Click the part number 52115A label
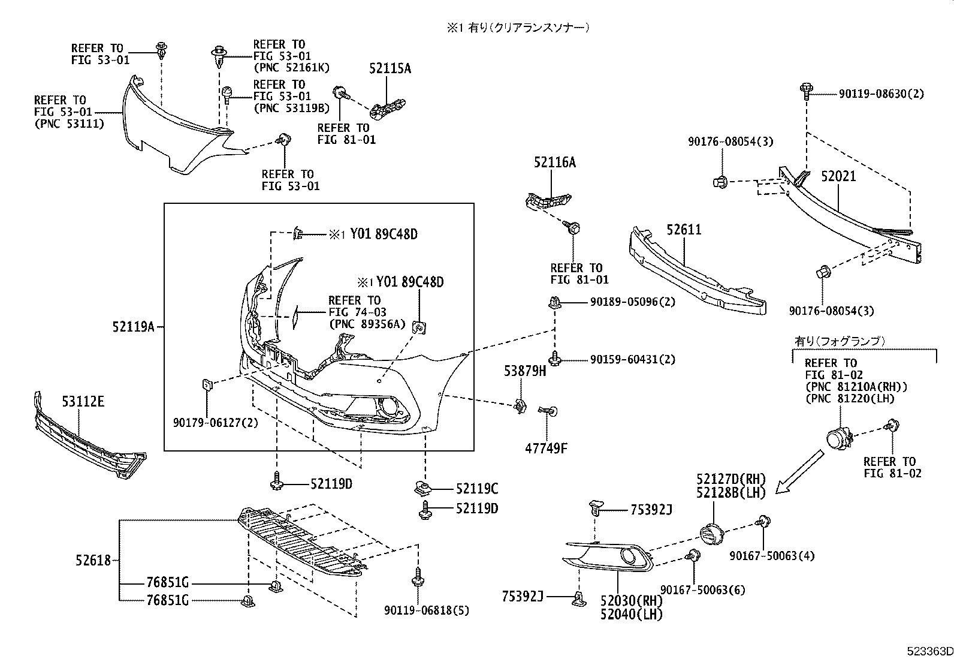(390, 68)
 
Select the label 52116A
(555, 162)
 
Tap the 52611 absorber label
(684, 230)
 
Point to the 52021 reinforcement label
(838, 176)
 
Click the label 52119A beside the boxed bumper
(133, 327)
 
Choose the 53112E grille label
(83, 401)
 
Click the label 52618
(93, 560)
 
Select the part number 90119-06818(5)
(427, 611)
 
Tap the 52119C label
(477, 489)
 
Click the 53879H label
(524, 372)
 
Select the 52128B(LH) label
(731, 493)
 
